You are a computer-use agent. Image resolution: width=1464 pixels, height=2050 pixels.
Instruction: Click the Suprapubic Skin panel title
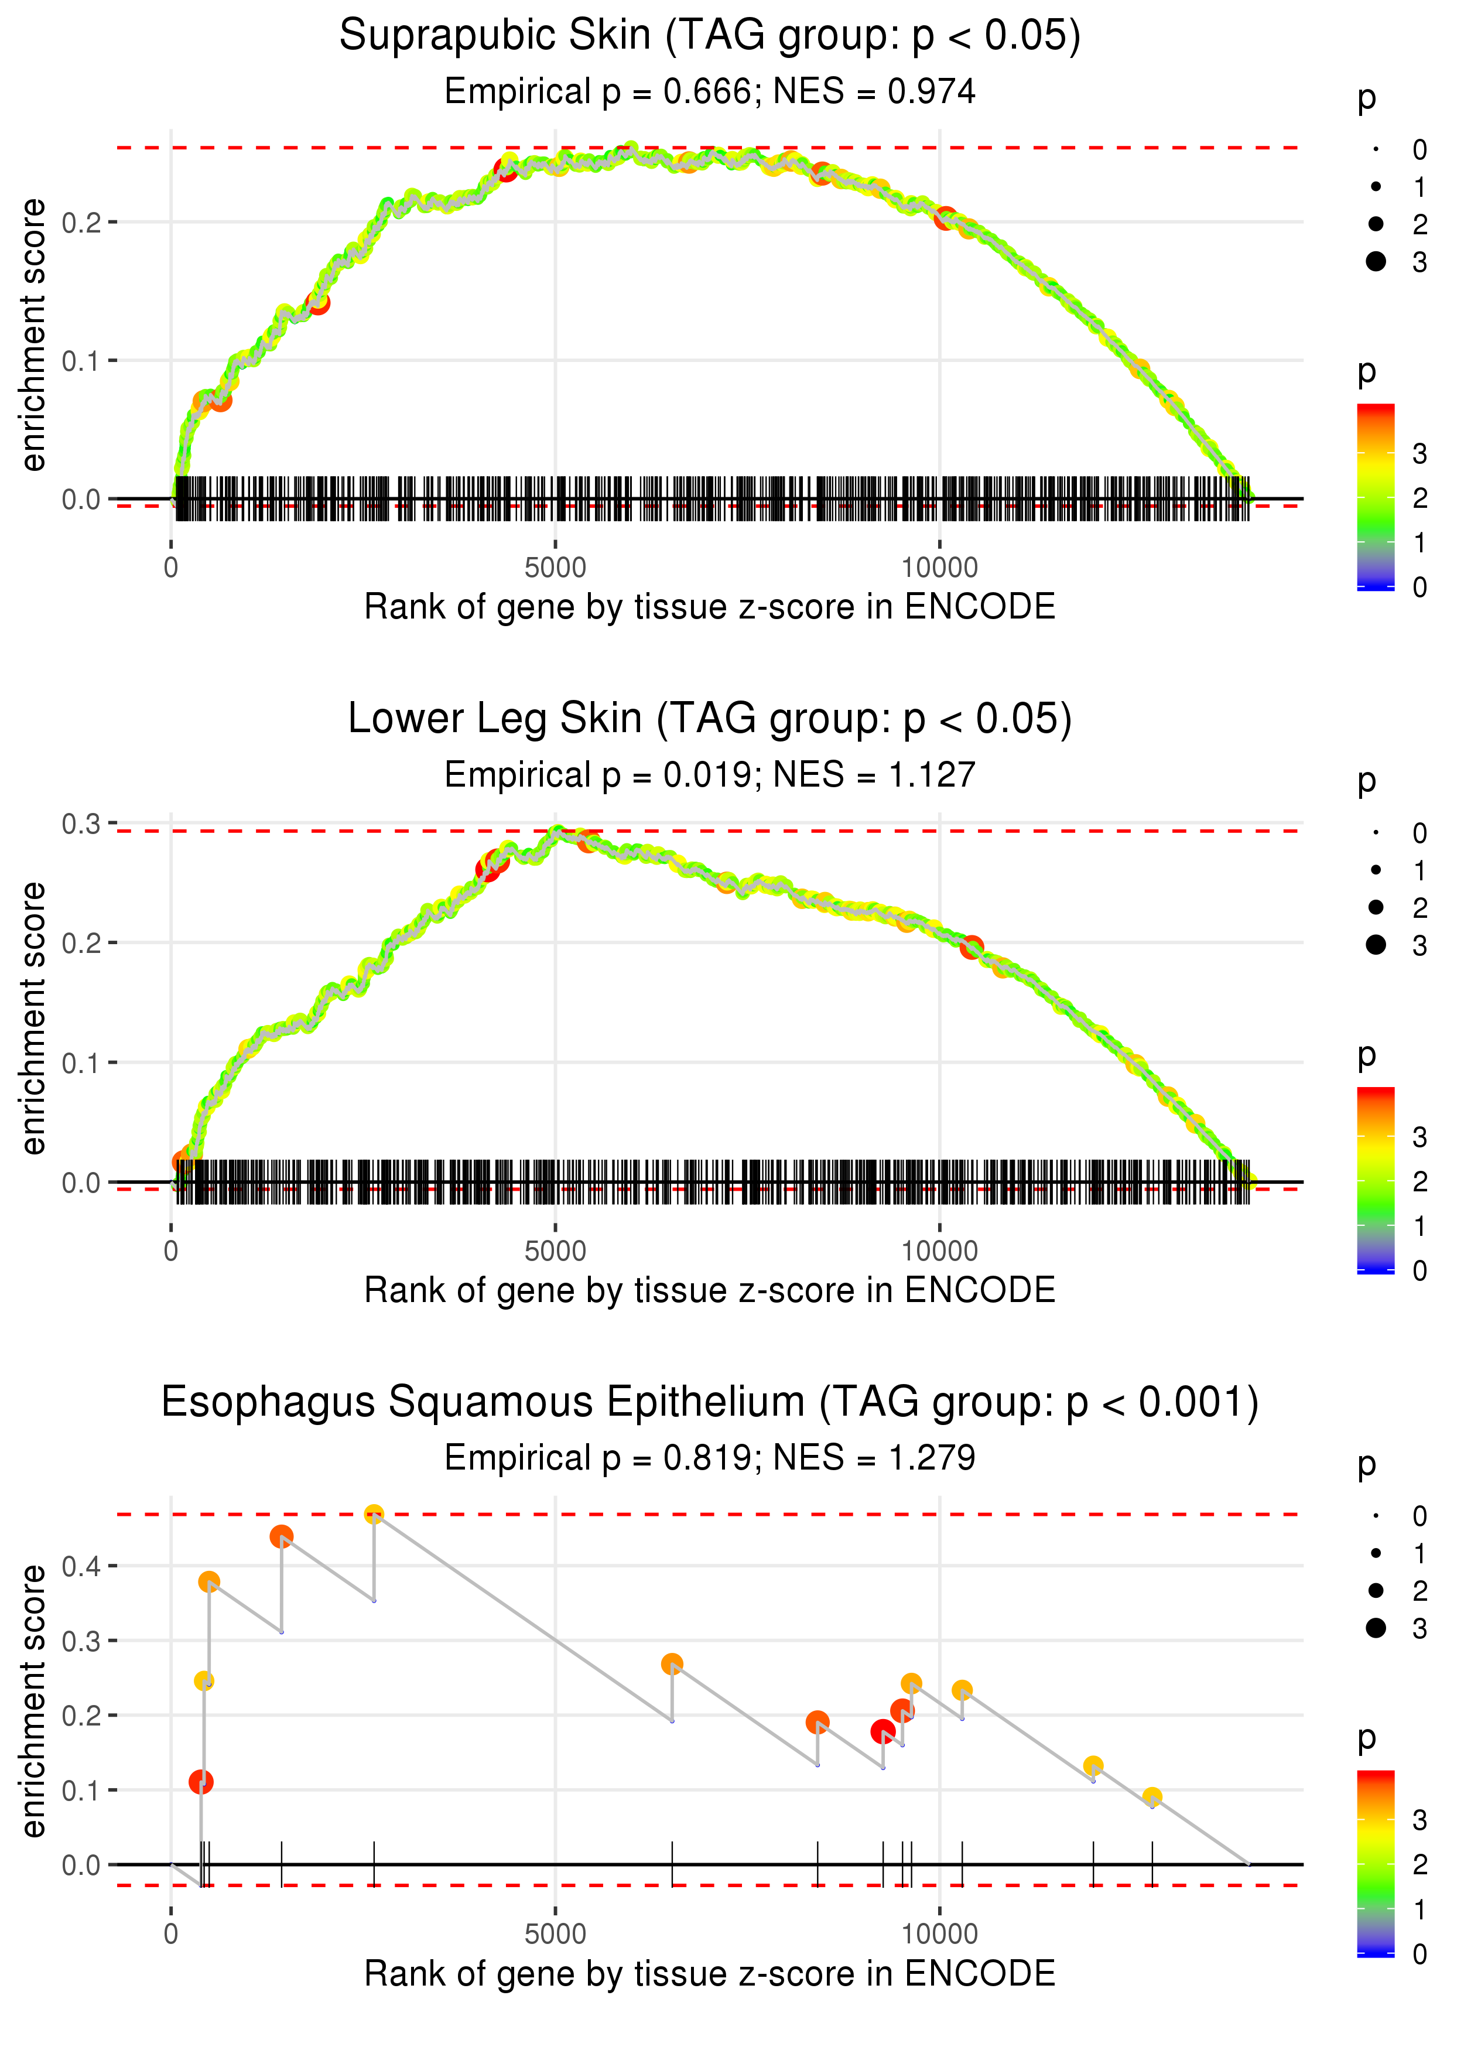point(710,36)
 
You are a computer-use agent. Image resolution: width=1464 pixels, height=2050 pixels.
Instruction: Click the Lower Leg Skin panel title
point(710,719)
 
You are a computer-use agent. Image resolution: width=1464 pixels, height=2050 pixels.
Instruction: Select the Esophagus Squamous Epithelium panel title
point(710,1403)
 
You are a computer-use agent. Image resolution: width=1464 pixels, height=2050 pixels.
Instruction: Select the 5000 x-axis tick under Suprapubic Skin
point(555,568)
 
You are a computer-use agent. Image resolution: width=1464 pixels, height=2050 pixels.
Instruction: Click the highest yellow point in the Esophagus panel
point(374,1515)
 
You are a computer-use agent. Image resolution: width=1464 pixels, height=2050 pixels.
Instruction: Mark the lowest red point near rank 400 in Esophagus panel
point(201,1782)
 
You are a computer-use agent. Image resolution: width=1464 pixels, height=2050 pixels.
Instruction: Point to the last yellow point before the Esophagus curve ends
point(1151,1798)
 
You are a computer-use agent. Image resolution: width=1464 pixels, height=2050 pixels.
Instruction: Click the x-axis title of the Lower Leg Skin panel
point(710,1291)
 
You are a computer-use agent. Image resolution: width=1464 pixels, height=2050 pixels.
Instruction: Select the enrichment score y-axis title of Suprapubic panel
point(34,336)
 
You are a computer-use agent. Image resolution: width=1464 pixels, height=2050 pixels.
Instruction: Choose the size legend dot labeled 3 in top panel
point(1376,261)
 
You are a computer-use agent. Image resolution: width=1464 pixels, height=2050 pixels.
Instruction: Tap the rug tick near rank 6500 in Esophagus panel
point(672,1863)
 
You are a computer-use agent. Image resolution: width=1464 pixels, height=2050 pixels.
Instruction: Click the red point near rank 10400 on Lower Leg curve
point(971,948)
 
